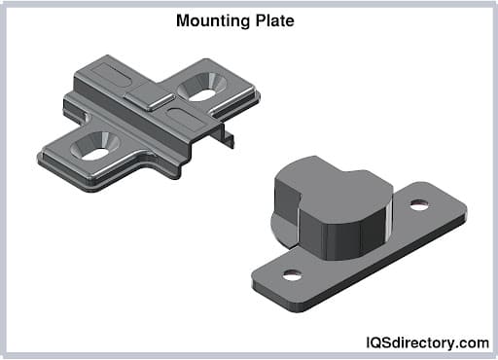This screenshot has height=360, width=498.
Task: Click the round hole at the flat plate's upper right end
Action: [419, 205]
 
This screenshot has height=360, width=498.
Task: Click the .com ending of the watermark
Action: [474, 342]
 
